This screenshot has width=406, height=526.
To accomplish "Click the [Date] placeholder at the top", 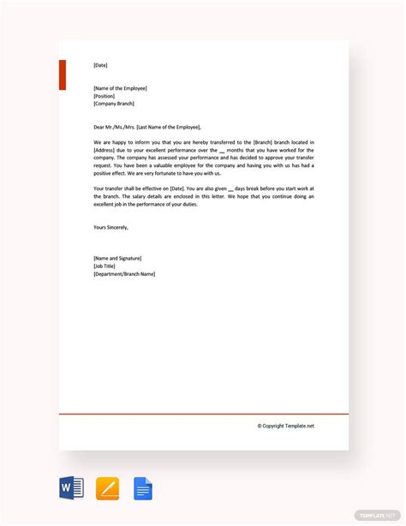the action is (x=101, y=65).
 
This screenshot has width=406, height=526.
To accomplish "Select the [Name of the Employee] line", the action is (x=121, y=88).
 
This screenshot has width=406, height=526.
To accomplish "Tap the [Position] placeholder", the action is (x=104, y=96).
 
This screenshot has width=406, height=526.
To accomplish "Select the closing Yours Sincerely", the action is (x=110, y=227).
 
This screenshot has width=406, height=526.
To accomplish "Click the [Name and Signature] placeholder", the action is (x=117, y=258).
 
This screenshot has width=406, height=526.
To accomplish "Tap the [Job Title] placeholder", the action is (x=104, y=266).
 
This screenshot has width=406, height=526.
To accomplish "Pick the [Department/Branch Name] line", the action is (x=124, y=274).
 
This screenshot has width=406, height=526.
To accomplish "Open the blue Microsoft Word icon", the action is (x=71, y=489).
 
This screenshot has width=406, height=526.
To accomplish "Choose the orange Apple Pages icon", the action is (x=108, y=489).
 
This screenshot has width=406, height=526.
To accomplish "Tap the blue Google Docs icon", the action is (x=143, y=489).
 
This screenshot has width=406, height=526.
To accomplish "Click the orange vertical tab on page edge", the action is (x=62, y=75).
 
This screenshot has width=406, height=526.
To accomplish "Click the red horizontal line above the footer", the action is (x=204, y=414).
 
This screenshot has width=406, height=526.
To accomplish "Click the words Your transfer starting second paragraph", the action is (x=108, y=188).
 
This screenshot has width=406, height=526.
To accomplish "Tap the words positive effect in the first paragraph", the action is (x=112, y=172).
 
